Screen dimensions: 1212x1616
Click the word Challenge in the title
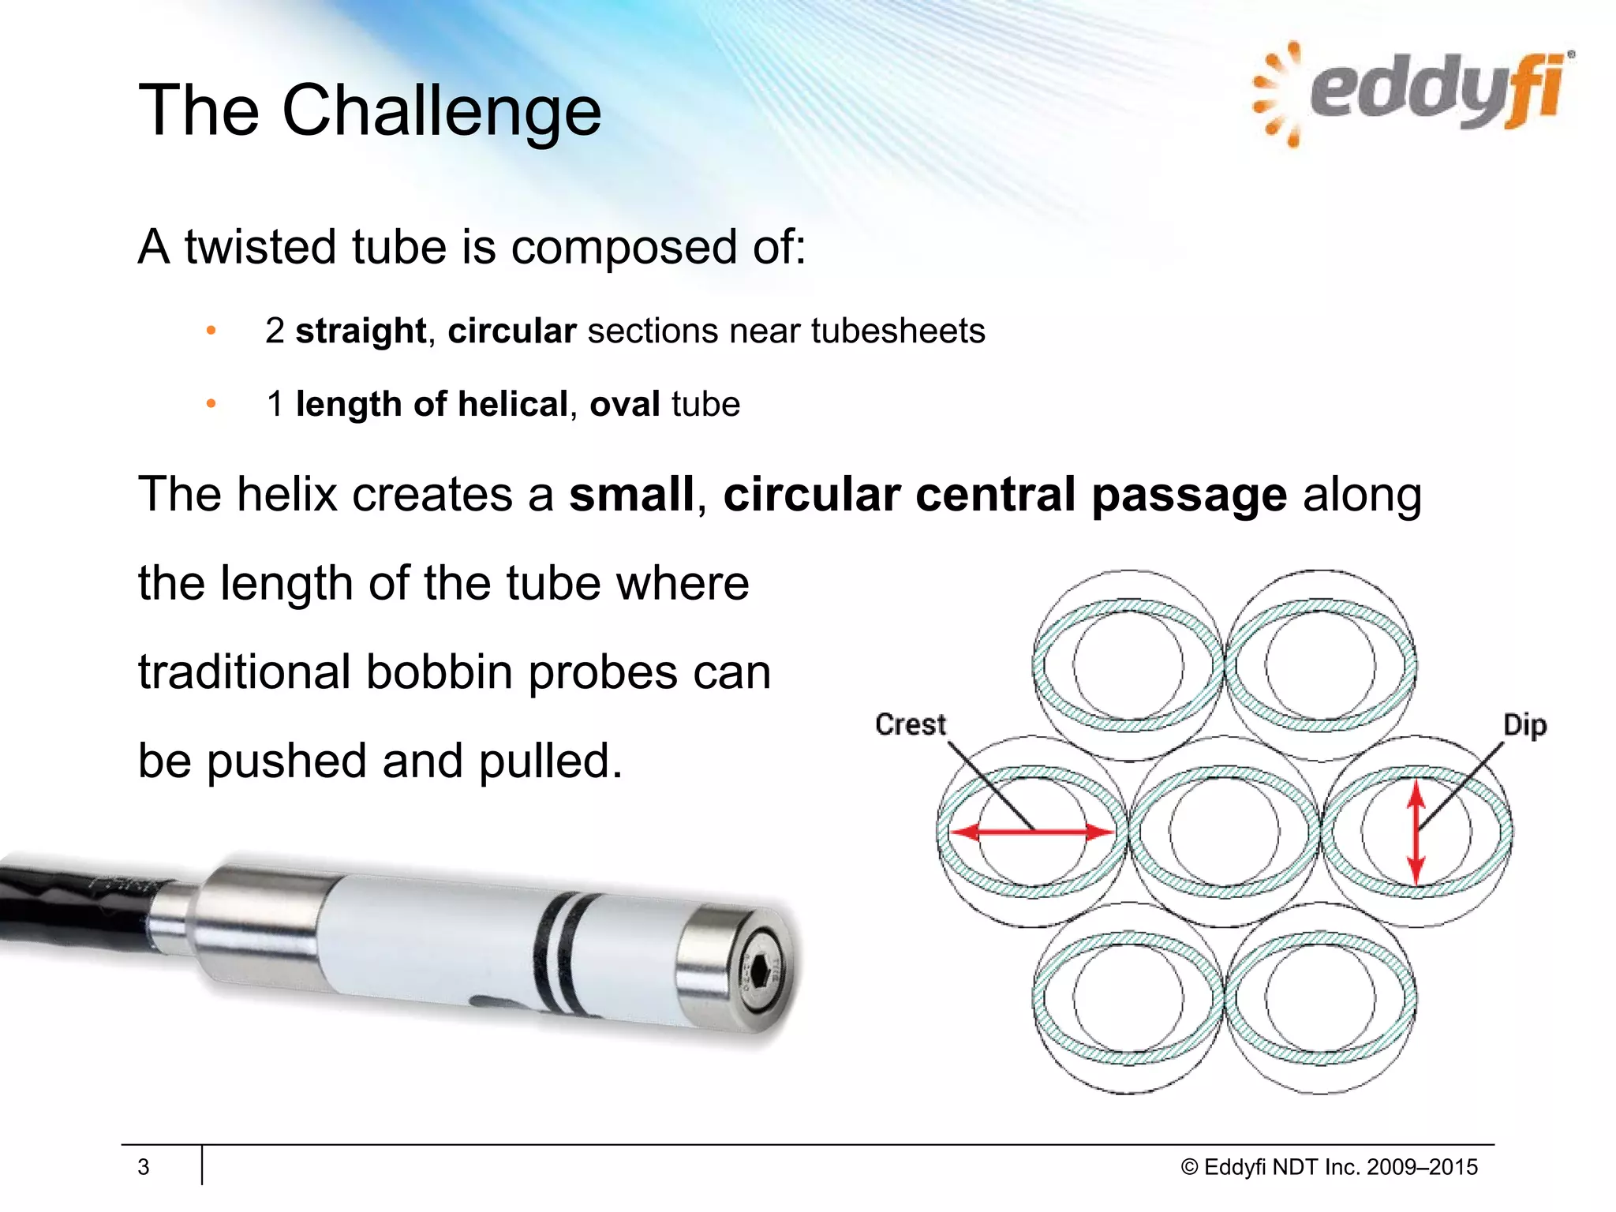[442, 110]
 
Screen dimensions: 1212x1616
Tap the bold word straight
[361, 331]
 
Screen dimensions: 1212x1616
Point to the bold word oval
[624, 404]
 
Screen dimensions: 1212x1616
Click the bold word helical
[512, 404]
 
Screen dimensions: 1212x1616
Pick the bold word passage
[1189, 495]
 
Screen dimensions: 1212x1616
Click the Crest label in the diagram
[910, 724]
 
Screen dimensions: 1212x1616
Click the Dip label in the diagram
[1524, 725]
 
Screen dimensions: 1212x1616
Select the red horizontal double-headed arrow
[1032, 832]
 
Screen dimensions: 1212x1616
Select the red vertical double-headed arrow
[1416, 832]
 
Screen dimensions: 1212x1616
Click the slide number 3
[144, 1166]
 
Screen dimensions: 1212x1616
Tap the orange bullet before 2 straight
[211, 331]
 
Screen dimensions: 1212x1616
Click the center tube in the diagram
[1224, 832]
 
